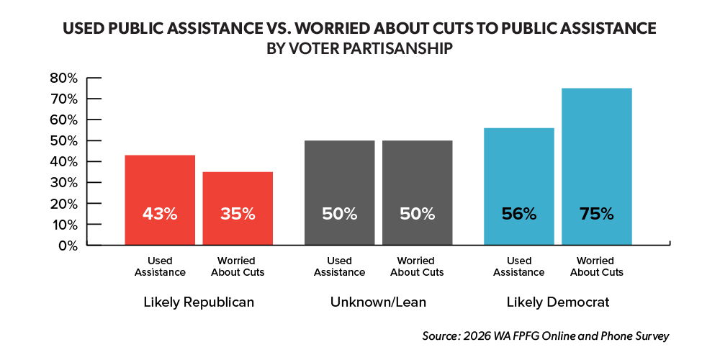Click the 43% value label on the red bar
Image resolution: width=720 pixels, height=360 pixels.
pos(159,214)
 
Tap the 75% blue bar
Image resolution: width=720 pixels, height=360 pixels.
pos(596,166)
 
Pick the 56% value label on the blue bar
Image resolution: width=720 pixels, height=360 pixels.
pos(518,214)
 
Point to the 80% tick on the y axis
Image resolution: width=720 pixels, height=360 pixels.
pos(64,78)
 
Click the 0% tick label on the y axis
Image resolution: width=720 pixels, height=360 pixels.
pos(68,246)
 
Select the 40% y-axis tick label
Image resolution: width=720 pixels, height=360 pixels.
pos(64,161)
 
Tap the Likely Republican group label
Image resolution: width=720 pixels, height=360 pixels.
pos(198,302)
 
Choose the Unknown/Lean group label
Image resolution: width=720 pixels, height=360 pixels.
pos(378,302)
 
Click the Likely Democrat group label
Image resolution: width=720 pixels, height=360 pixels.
pos(557,302)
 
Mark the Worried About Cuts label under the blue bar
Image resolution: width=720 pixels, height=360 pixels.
pos(596,266)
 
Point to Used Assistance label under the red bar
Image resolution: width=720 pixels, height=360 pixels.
pos(159,266)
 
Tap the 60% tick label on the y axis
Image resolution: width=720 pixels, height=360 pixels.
pos(64,120)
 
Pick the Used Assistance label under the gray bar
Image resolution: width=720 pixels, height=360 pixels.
pos(340,266)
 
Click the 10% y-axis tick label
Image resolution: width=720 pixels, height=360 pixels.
pos(64,225)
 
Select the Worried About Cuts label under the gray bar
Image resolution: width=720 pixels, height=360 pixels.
pos(417,266)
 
